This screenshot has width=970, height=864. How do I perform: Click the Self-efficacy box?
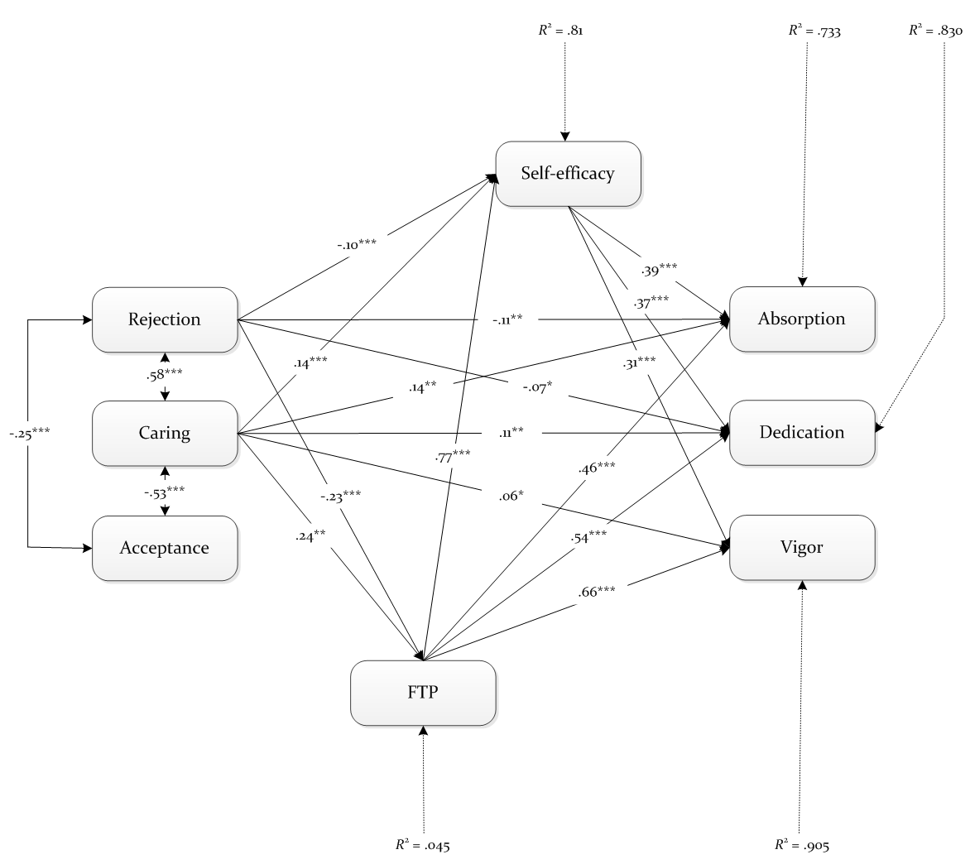(x=568, y=174)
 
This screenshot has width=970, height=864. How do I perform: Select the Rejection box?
(x=165, y=319)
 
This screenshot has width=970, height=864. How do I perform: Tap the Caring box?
(x=165, y=433)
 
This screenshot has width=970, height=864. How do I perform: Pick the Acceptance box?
(x=165, y=548)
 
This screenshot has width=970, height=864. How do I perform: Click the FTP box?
(x=423, y=693)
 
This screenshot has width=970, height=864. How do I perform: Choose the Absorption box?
(x=802, y=319)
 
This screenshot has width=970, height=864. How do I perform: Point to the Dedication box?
(x=802, y=432)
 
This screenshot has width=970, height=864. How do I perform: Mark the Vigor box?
(x=802, y=547)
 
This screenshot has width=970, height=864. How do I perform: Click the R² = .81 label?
(x=560, y=31)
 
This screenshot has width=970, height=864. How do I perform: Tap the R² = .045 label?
(x=423, y=845)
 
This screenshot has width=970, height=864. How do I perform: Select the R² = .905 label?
(x=802, y=845)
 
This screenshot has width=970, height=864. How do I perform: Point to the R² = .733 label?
(x=814, y=31)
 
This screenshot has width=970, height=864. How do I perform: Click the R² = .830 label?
(x=935, y=31)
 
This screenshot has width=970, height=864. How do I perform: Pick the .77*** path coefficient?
(x=452, y=457)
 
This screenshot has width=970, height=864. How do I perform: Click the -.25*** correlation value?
(x=30, y=433)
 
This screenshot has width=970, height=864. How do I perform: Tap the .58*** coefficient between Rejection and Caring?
(x=165, y=375)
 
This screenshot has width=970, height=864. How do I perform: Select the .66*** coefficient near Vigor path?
(x=597, y=592)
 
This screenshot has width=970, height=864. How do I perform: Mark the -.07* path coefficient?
(x=537, y=388)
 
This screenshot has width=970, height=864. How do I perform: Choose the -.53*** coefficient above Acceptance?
(x=165, y=493)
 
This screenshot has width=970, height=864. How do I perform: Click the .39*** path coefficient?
(x=659, y=271)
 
